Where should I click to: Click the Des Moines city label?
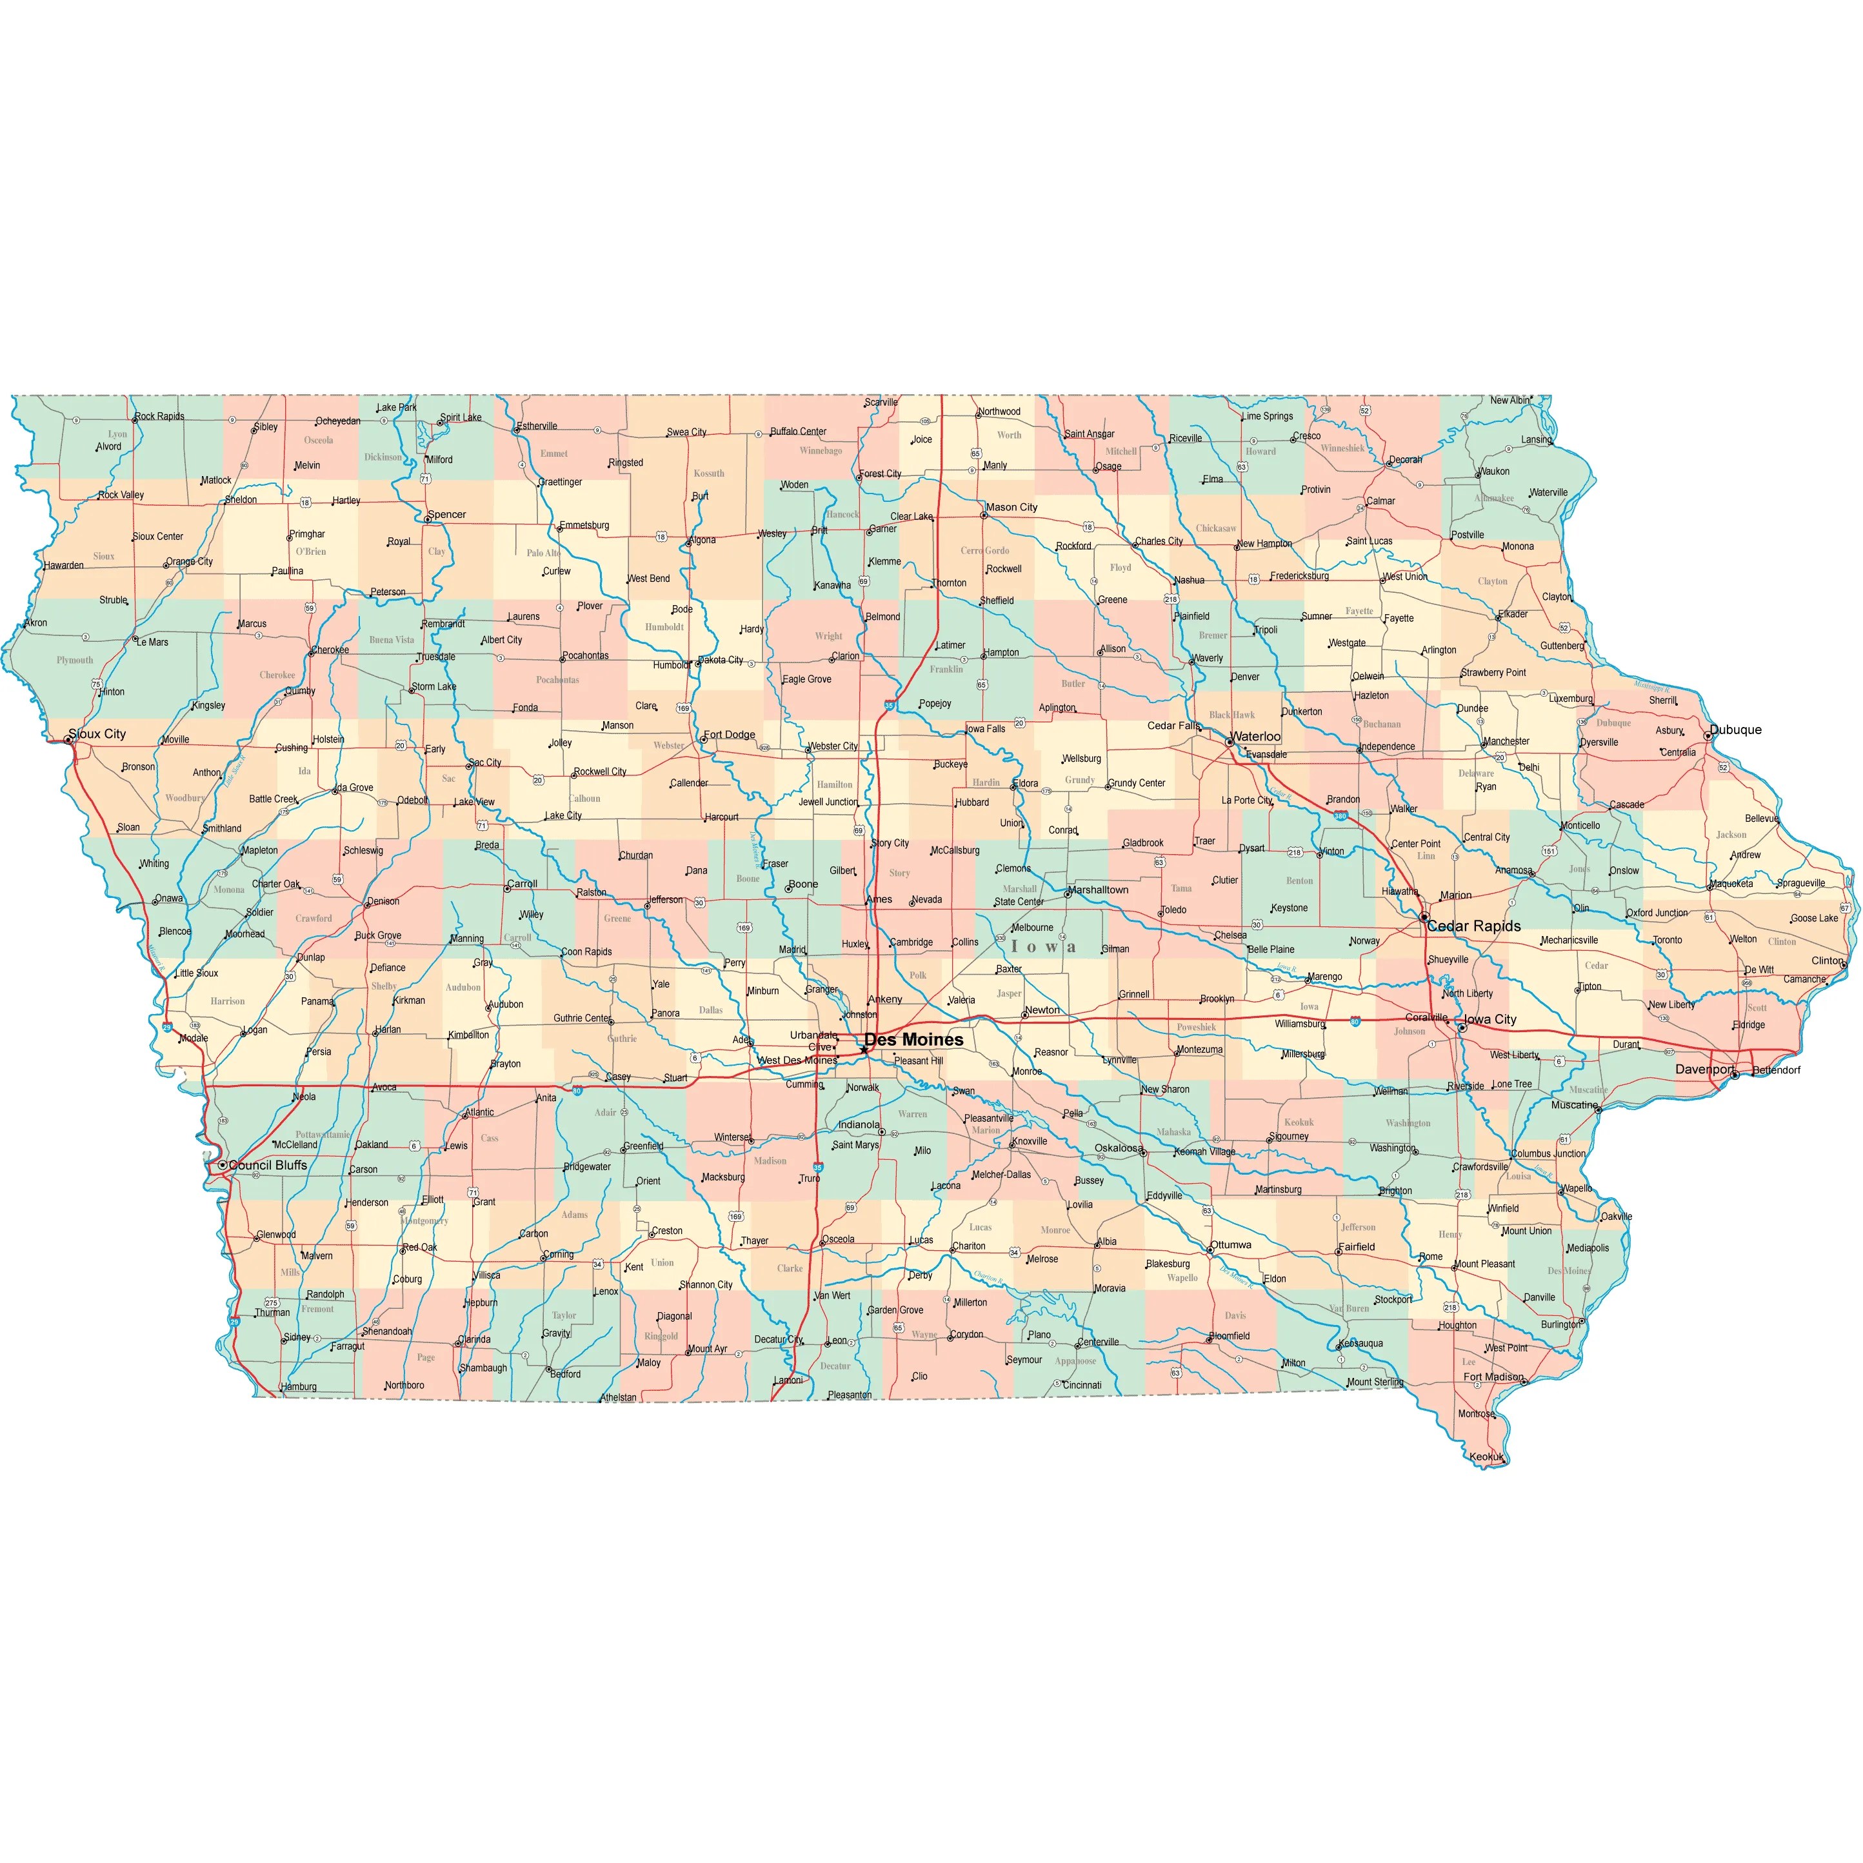[x=913, y=1039]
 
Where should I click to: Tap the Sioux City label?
[x=97, y=734]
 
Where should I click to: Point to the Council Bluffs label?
[x=268, y=1165]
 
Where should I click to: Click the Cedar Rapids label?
[x=1475, y=926]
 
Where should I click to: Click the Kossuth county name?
[x=709, y=473]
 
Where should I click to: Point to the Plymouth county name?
[x=75, y=661]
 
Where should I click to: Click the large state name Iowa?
[x=1043, y=947]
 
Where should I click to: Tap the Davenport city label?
[x=1704, y=1070]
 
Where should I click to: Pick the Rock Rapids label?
[x=159, y=417]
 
